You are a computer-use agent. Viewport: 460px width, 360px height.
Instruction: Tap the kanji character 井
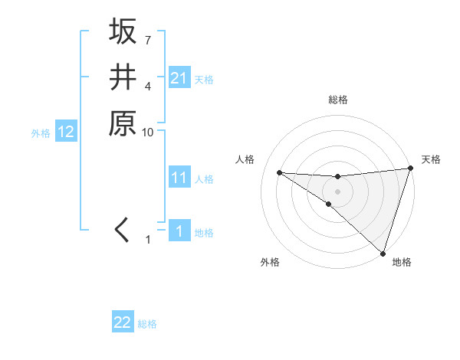click(123, 77)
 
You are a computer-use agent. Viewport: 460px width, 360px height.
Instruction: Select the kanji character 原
click(123, 124)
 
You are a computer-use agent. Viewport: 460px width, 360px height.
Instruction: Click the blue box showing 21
click(179, 78)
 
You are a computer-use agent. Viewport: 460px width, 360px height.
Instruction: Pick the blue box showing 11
click(179, 178)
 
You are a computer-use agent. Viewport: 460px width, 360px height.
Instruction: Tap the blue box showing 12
click(66, 133)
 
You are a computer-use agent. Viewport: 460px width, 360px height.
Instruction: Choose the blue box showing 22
click(123, 322)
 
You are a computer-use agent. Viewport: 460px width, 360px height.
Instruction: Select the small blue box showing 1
click(179, 231)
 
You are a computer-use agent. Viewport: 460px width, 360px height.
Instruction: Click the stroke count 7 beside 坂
click(147, 40)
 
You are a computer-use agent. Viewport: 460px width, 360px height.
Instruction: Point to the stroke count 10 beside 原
click(148, 133)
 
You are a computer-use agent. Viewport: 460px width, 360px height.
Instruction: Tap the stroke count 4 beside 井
click(147, 86)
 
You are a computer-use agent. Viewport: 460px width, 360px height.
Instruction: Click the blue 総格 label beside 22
click(147, 324)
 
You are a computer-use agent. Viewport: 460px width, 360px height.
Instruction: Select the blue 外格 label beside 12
click(41, 133)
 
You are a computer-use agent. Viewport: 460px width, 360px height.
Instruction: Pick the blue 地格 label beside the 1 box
click(204, 233)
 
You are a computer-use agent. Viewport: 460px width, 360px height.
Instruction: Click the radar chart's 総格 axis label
click(337, 100)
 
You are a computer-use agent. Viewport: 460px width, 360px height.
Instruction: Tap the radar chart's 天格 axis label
click(431, 159)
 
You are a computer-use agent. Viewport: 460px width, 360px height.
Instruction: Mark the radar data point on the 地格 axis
click(383, 253)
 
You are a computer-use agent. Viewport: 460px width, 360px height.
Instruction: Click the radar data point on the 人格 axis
click(279, 172)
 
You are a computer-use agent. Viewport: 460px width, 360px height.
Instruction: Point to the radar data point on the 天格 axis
click(410, 169)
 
